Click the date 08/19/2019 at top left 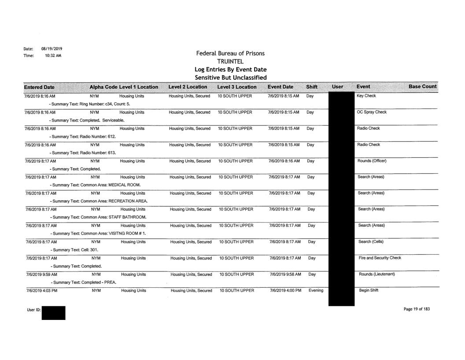(x=43, y=49)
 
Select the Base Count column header (x=423, y=87)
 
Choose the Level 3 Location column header (x=237, y=87)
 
